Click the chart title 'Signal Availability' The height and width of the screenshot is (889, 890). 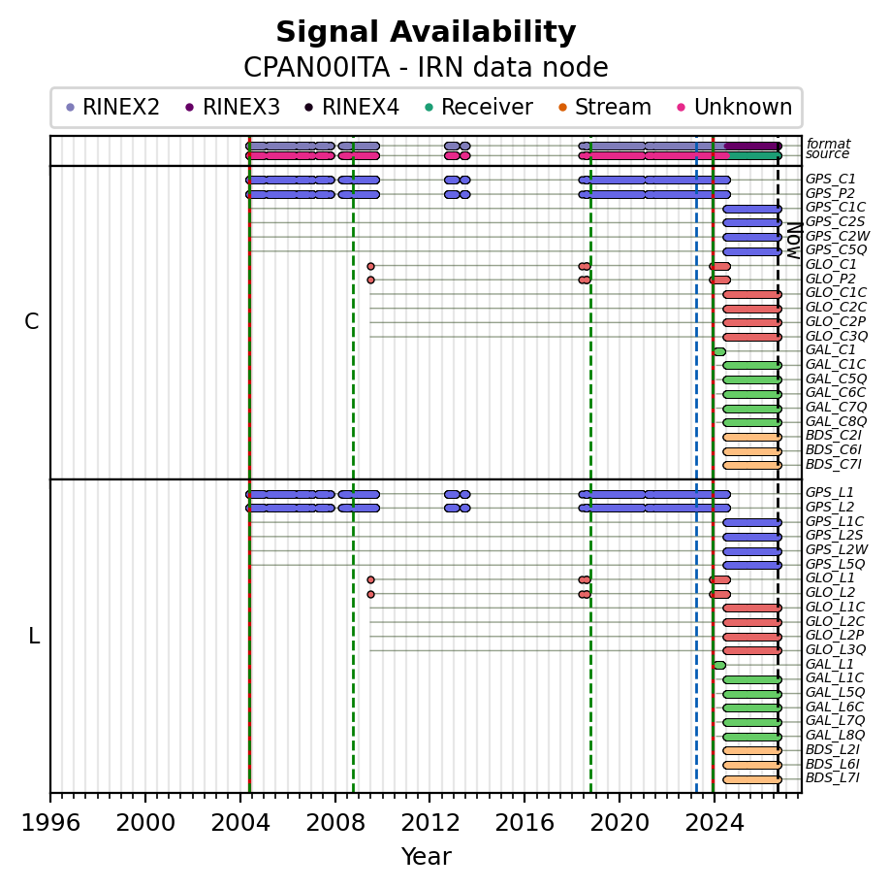[x=426, y=32]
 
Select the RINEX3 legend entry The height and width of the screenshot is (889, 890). [x=233, y=107]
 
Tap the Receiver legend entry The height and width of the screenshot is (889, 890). [x=479, y=107]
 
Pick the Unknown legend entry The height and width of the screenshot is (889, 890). [x=735, y=107]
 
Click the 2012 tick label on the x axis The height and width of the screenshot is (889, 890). [x=429, y=822]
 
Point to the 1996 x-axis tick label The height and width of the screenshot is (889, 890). [x=50, y=822]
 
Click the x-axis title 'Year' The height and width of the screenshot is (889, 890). [x=427, y=856]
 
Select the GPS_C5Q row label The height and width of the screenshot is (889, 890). [x=836, y=250]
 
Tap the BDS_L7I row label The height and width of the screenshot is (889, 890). [x=833, y=777]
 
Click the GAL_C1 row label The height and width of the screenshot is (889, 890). [x=830, y=350]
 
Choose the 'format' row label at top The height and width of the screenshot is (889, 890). [x=828, y=144]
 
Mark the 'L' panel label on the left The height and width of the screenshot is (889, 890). [x=34, y=637]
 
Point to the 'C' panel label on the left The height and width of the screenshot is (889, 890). [x=32, y=321]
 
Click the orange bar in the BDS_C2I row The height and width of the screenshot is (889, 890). [x=752, y=437]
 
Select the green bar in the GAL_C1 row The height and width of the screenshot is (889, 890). [x=718, y=351]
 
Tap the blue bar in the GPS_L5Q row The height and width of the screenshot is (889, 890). [x=752, y=565]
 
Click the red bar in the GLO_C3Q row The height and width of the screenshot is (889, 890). [x=752, y=337]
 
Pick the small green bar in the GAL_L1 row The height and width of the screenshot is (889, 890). [x=718, y=665]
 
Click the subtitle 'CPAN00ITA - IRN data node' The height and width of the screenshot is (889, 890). [x=426, y=68]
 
